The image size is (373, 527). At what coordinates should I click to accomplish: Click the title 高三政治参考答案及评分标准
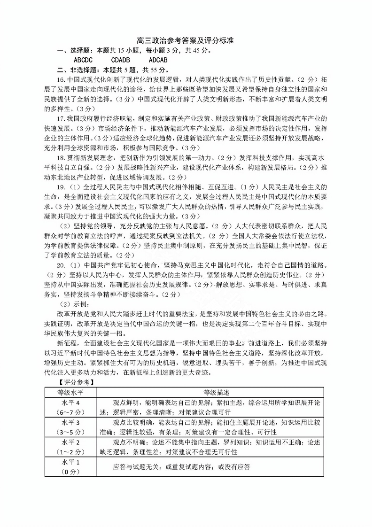pyautogui.click(x=186, y=41)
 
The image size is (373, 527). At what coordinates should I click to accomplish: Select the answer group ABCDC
pyautogui.click(x=84, y=60)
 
